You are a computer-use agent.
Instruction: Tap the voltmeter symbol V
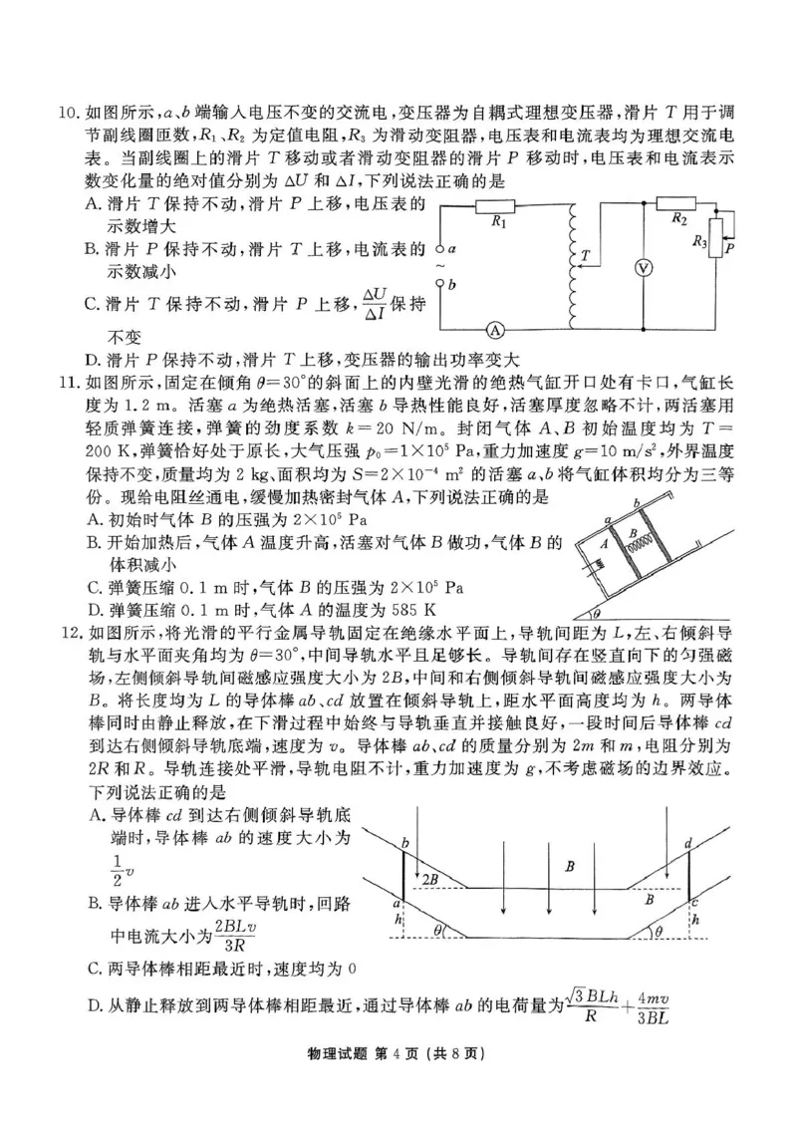[x=645, y=268]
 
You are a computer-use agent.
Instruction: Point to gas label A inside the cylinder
[x=604, y=545]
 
